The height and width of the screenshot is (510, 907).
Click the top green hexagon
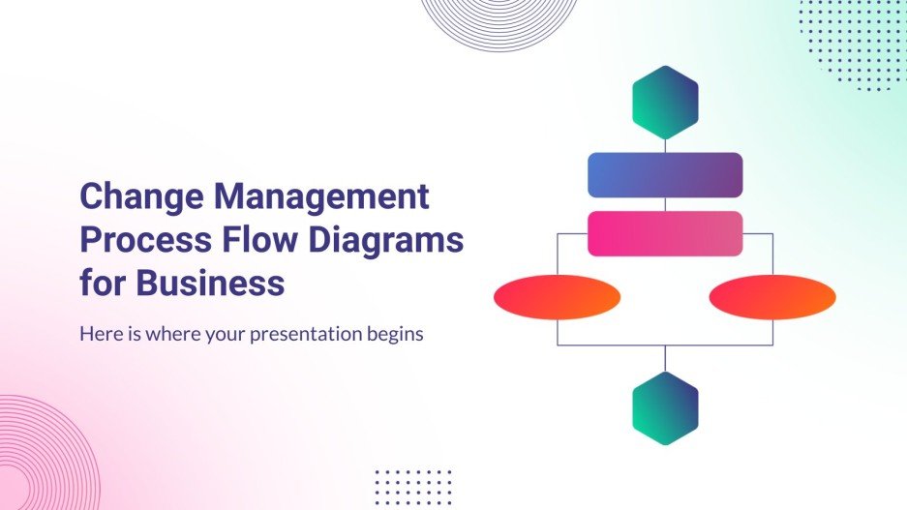click(x=665, y=102)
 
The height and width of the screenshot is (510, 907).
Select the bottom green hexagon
click(x=665, y=408)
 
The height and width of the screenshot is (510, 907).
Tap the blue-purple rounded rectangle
click(x=665, y=175)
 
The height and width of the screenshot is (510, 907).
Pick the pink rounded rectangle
click(x=665, y=233)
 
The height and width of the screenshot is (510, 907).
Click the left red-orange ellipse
click(x=557, y=297)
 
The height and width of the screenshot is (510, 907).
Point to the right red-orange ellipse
click(x=772, y=297)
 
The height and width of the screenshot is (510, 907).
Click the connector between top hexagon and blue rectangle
click(x=665, y=145)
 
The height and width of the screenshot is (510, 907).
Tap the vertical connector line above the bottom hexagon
click(x=665, y=358)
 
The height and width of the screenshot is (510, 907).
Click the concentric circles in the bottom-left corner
click(x=39, y=455)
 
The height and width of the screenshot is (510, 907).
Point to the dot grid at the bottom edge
click(x=412, y=487)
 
